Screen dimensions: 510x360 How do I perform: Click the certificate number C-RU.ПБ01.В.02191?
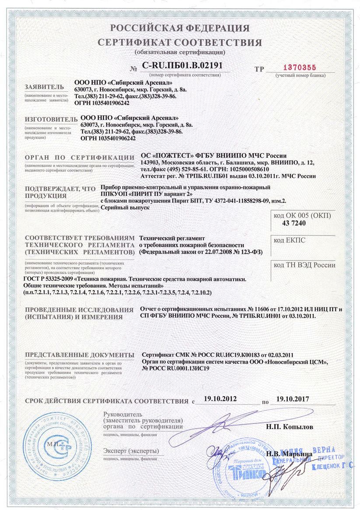(x=182, y=66)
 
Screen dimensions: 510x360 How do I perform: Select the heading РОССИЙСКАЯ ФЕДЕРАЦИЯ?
(x=180, y=28)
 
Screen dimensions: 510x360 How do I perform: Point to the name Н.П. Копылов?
(x=290, y=426)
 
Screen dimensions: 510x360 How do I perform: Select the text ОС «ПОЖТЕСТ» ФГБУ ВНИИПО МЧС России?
(x=213, y=155)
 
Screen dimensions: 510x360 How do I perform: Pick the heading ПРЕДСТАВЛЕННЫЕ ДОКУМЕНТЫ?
(x=79, y=355)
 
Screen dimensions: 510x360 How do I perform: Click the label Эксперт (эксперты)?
(x=131, y=451)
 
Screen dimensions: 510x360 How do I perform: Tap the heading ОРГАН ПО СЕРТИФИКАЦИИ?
(x=79, y=158)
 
